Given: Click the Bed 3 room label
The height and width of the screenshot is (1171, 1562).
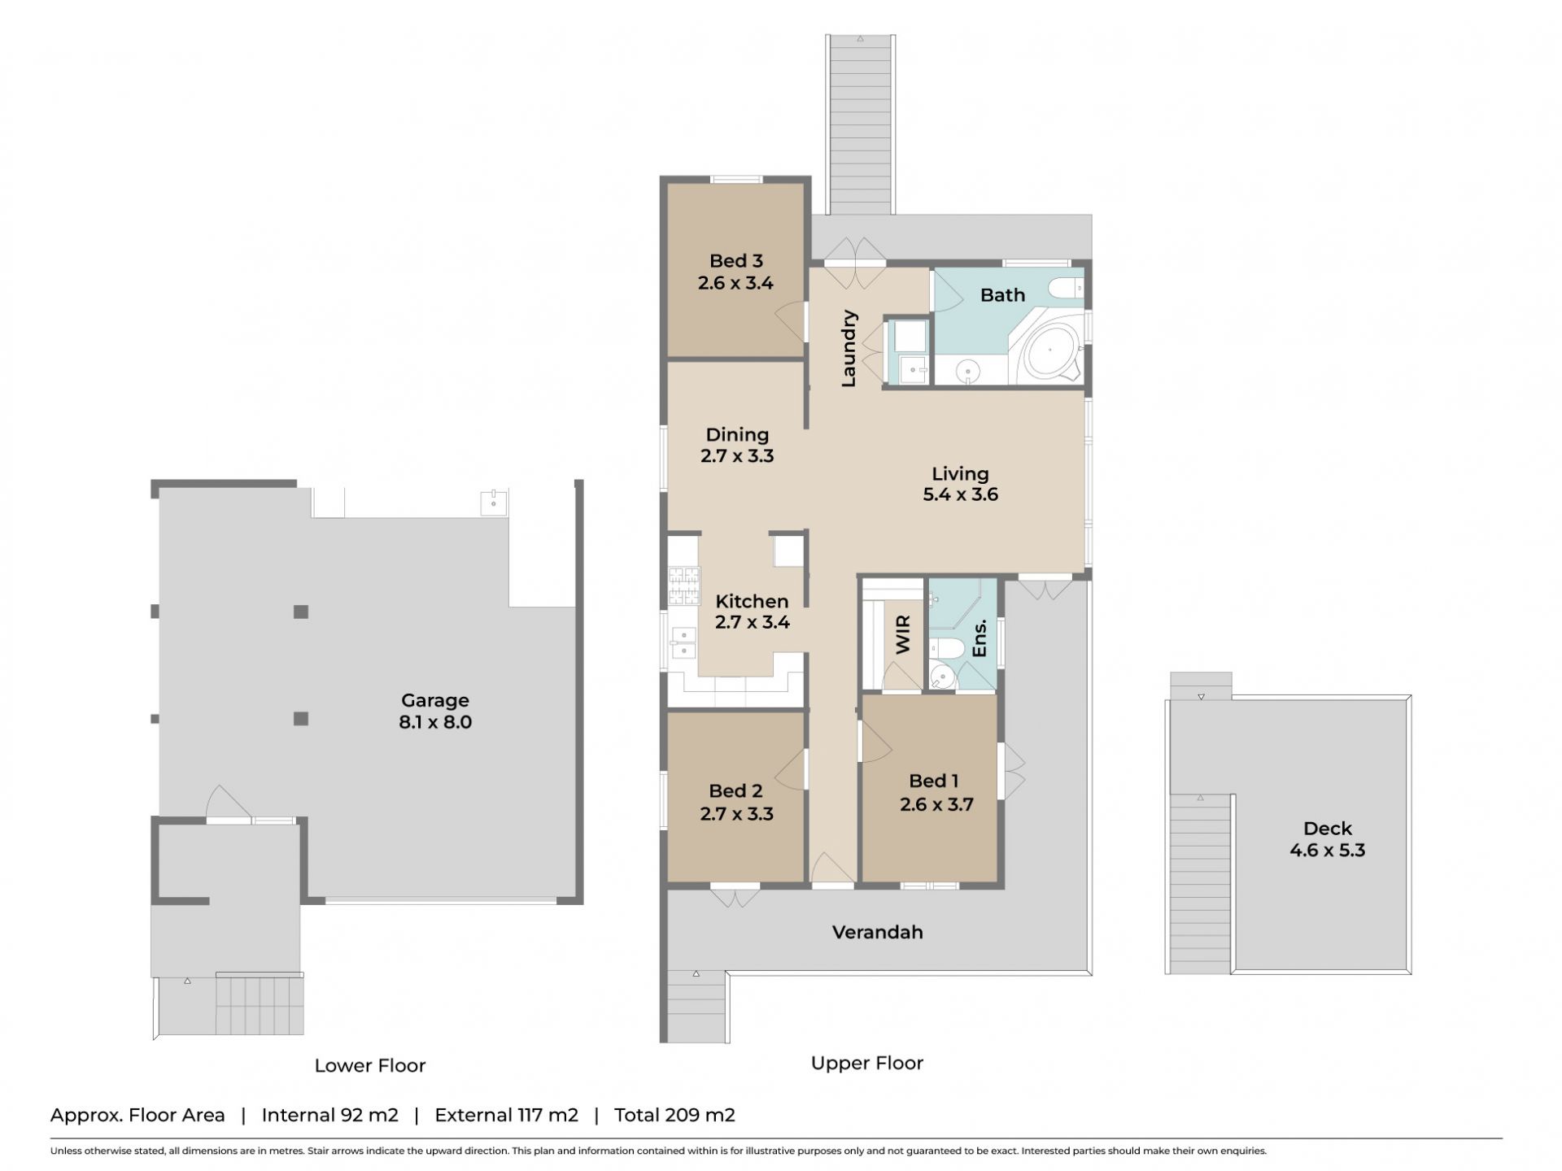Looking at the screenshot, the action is coord(735,272).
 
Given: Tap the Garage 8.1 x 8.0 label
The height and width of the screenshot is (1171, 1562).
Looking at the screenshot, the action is coord(435,711).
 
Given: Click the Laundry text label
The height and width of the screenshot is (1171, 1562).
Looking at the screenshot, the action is coord(849,348).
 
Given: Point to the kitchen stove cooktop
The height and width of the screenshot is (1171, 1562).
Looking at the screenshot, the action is coord(684,585).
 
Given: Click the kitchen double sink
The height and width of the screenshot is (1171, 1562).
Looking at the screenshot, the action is coord(683,643).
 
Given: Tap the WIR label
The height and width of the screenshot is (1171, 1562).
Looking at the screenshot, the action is coord(903,635).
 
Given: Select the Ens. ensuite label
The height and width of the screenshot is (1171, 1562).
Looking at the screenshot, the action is coord(979,638).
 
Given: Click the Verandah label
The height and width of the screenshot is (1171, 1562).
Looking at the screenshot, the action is coord(877,932).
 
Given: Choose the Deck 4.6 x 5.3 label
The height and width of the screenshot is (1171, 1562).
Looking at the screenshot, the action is coord(1327,839).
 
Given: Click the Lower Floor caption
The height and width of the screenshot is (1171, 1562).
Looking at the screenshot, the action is coord(370,1065).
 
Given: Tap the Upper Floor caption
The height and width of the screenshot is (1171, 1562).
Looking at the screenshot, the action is coord(867,1063).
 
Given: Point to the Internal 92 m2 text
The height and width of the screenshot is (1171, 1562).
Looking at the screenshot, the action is coord(330,1115).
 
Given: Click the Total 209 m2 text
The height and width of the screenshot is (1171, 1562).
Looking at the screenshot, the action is coord(674,1115).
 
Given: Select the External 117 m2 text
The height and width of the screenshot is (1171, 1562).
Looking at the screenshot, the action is coord(507,1115).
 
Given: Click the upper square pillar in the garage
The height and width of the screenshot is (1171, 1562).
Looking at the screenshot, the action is coord(301,612).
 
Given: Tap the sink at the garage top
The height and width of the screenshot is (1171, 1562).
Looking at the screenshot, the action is coord(494,502).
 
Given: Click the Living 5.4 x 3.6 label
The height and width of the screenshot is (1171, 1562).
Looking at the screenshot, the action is coord(960,484).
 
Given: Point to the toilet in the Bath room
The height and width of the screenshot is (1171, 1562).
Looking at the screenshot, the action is coord(1065,288).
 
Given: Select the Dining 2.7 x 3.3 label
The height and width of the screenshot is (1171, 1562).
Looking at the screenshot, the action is coord(737,445).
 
